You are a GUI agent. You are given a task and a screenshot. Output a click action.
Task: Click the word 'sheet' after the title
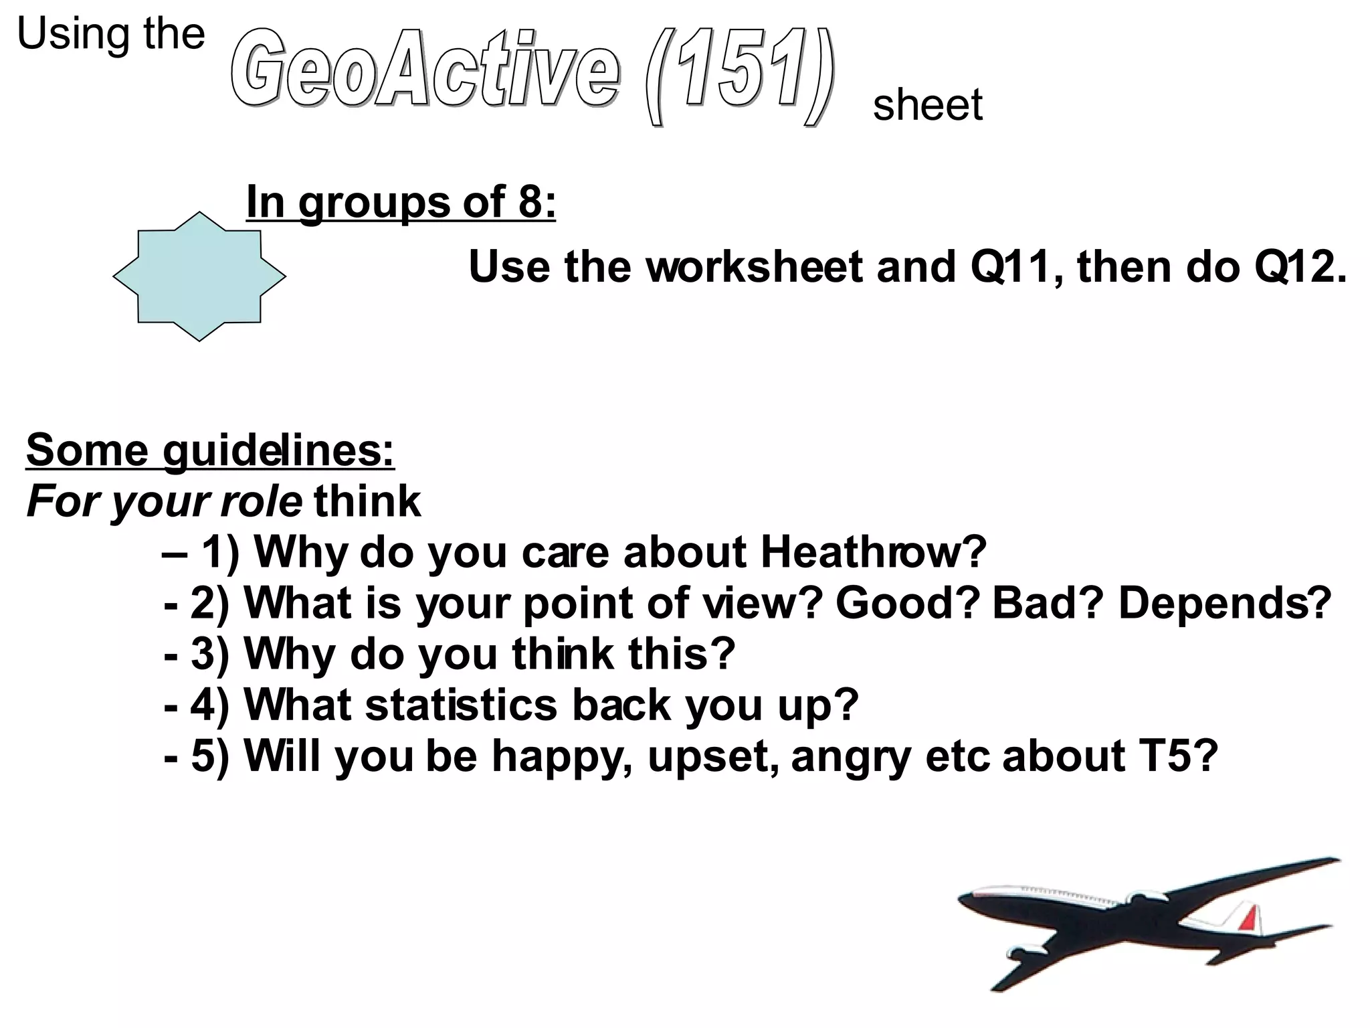point(927,105)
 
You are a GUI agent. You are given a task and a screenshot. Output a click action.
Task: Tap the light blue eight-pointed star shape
point(199,276)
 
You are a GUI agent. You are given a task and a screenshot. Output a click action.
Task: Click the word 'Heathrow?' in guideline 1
point(873,552)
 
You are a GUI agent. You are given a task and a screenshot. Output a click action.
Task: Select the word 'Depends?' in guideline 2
point(1225,603)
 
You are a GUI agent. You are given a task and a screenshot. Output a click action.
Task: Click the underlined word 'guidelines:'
point(278,450)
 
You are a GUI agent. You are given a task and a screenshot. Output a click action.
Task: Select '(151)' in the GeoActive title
point(739,74)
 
